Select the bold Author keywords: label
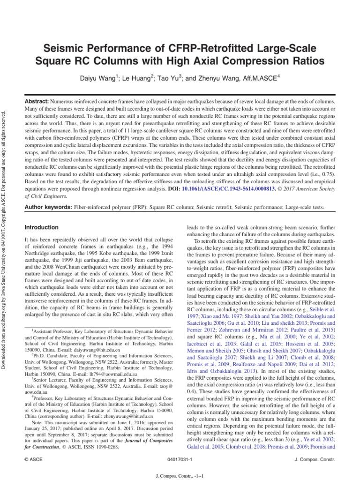[49, 206]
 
